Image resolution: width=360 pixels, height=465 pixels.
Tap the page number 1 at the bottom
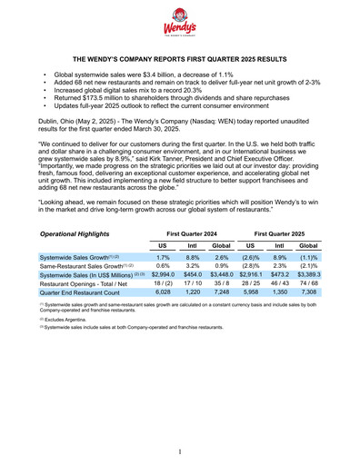pyautogui.click(x=180, y=450)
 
